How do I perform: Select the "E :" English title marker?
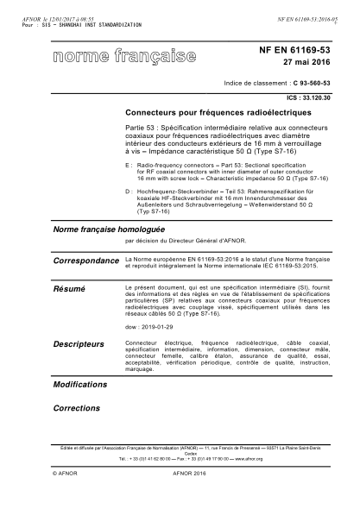pyautogui.click(x=129, y=162)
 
